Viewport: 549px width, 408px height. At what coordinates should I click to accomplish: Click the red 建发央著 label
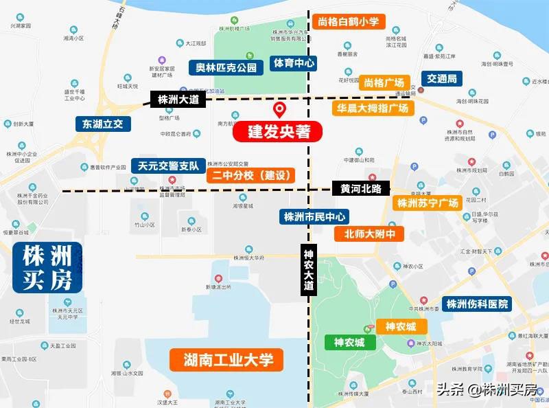(x=278, y=131)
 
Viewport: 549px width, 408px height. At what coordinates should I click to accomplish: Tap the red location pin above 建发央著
(x=280, y=110)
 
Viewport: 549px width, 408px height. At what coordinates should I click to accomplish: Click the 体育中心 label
(x=294, y=63)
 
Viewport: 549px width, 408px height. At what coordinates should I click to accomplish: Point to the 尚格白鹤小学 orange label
(x=349, y=22)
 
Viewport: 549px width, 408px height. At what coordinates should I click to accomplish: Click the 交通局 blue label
(x=441, y=78)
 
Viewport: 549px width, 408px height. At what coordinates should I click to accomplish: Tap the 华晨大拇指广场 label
(x=373, y=108)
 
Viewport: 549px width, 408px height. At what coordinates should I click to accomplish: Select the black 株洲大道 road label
(x=178, y=100)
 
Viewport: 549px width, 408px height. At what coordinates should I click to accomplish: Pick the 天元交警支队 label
(x=168, y=166)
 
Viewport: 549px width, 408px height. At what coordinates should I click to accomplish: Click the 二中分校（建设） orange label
(x=252, y=176)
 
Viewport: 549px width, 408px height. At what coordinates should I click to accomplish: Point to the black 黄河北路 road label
(x=361, y=188)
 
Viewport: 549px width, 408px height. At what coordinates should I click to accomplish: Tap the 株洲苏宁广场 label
(x=426, y=203)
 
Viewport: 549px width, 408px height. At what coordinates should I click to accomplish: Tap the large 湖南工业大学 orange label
(x=229, y=359)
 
